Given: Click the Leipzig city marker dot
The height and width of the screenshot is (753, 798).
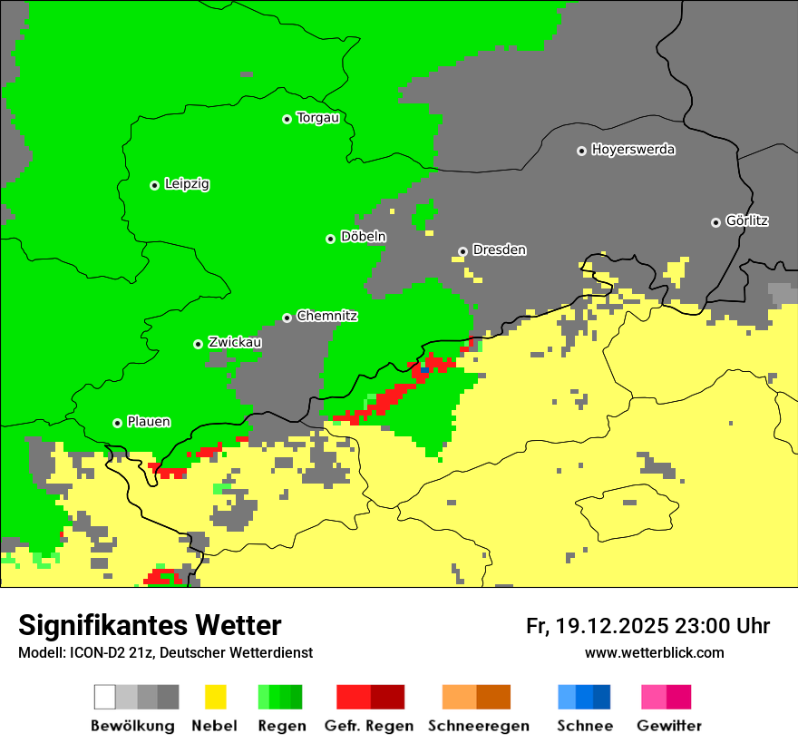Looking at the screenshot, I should click(x=154, y=185).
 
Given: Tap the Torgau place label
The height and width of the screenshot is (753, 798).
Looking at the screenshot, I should click(x=317, y=118).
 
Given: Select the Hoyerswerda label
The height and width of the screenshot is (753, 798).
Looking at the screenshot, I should click(x=633, y=150).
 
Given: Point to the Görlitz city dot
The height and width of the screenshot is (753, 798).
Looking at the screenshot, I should click(x=715, y=222).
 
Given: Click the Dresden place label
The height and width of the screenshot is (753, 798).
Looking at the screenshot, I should click(x=499, y=249).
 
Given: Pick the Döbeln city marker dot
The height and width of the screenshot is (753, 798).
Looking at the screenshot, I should click(x=330, y=239).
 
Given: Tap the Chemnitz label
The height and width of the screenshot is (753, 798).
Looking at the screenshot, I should click(x=326, y=317).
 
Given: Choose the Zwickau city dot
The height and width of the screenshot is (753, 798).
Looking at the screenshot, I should click(x=198, y=344).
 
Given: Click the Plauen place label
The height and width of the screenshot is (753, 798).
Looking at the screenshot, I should click(x=149, y=422).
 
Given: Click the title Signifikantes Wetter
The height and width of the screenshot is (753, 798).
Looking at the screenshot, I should click(x=150, y=625).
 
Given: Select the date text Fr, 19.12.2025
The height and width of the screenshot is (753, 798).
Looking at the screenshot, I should click(x=597, y=626).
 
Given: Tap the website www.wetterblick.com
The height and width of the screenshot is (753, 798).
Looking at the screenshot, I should click(x=654, y=652).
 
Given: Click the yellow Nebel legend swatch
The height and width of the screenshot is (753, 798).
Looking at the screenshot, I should click(x=215, y=697).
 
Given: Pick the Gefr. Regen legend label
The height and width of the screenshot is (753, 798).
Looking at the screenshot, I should click(x=369, y=726).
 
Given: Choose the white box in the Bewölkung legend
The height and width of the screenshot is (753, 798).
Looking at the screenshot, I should click(x=105, y=697).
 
